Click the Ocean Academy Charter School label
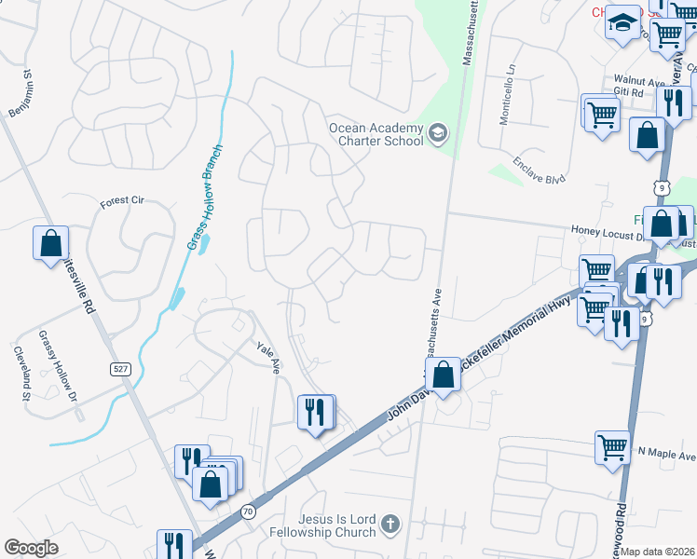376,134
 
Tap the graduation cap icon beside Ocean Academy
437,134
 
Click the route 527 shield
123,370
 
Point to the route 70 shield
247,511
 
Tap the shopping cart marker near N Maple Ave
613,448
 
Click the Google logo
32,548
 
